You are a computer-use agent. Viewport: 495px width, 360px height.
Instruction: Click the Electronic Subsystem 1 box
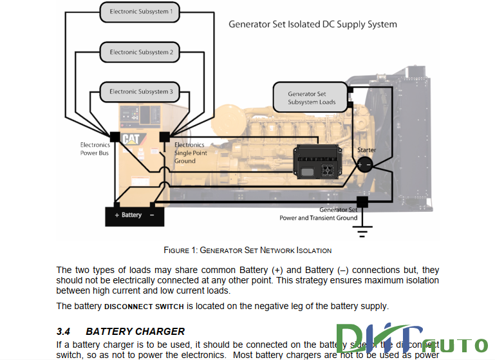141,12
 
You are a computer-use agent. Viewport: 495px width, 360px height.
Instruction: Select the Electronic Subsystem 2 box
141,52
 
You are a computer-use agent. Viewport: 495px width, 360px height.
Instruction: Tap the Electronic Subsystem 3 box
141,92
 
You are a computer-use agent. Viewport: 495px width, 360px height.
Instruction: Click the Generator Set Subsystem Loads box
311,98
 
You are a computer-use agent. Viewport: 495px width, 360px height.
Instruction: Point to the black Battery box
135,215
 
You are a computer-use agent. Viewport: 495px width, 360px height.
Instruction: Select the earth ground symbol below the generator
363,230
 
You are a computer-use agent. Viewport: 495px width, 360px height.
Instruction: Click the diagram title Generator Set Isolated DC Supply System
313,24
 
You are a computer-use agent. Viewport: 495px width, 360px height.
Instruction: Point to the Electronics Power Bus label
95,149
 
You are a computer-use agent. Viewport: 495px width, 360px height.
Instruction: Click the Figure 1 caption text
248,250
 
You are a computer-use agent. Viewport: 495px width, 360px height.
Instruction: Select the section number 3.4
63,332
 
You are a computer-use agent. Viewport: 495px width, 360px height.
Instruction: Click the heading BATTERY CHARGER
135,332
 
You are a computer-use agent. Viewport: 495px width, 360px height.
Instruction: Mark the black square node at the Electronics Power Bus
115,137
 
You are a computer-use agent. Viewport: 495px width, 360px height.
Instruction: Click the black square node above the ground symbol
362,202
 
